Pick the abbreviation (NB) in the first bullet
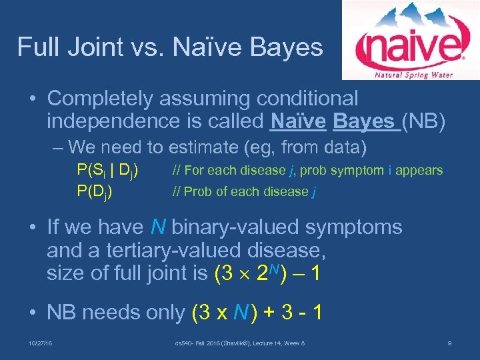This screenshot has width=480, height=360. coord(423,121)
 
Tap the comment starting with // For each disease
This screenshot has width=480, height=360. coord(307,171)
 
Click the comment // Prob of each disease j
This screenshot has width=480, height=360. coord(244,192)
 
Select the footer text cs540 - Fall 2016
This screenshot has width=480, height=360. coord(200,343)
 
